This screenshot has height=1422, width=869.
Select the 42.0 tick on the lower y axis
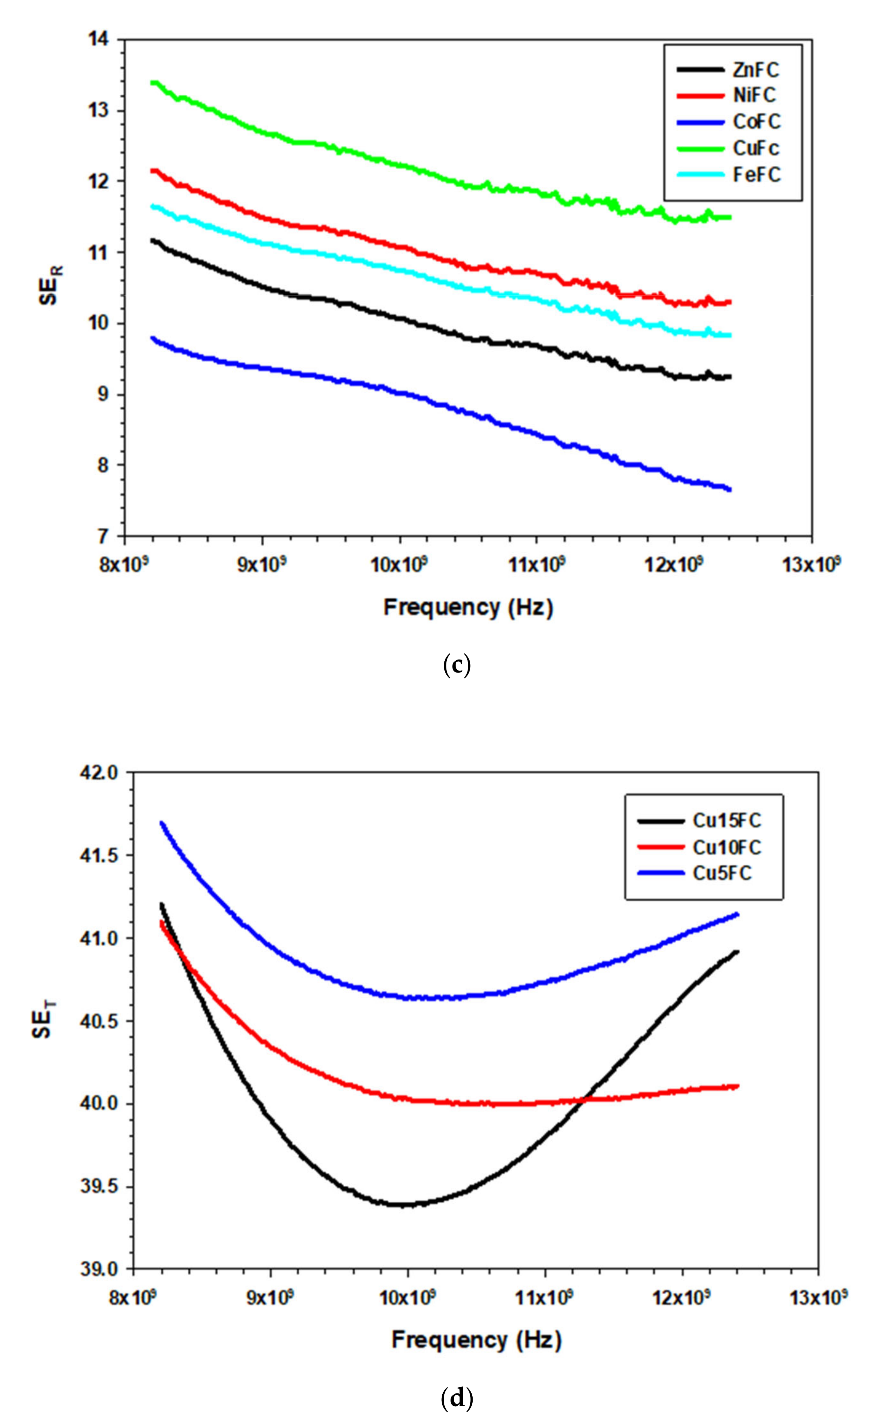click(104, 772)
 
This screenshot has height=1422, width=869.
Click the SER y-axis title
click(49, 286)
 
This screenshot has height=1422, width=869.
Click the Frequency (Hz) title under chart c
click(468, 608)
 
